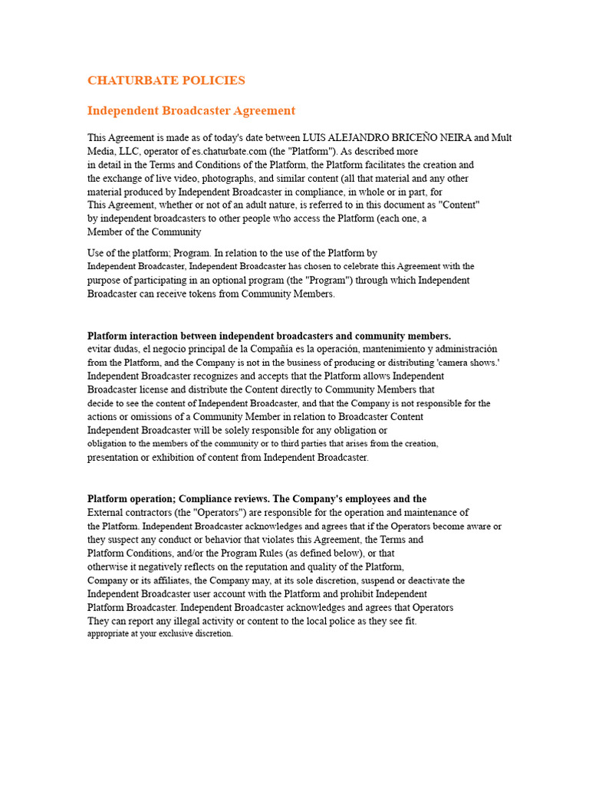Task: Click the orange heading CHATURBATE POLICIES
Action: click(166, 80)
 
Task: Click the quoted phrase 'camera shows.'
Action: click(467, 363)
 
